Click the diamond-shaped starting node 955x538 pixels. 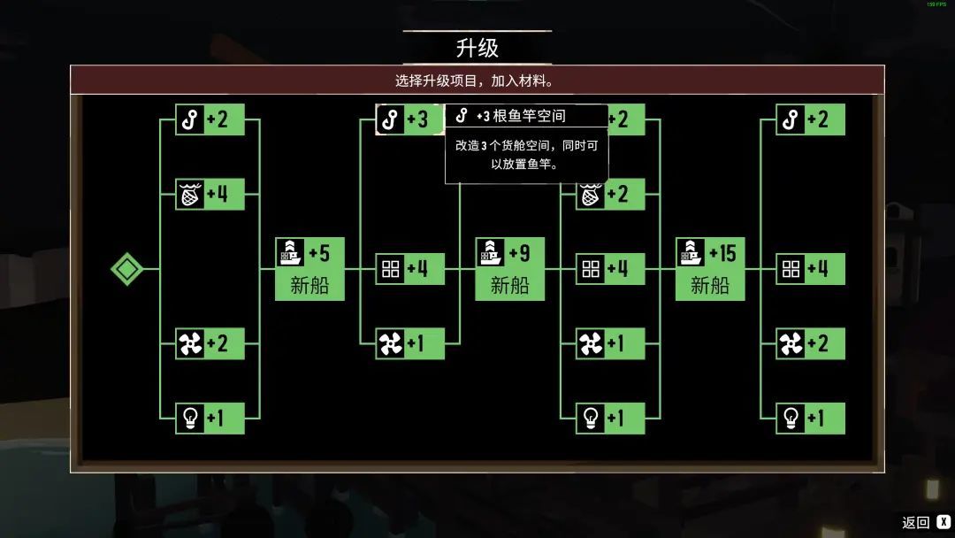pos(126,268)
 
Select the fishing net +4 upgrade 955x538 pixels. pos(210,194)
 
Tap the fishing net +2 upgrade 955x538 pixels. pos(610,195)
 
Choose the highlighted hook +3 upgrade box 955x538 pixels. pos(409,119)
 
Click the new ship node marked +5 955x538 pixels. pos(309,268)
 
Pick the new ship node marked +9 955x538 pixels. pos(509,268)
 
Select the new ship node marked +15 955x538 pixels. pos(709,268)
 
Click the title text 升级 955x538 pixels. pos(477,48)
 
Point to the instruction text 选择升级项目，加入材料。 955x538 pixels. pos(477,81)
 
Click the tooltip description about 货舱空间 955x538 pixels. pos(526,154)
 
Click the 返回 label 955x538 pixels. pos(915,522)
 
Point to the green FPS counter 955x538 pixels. pos(936,4)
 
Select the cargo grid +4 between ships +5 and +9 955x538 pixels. pos(409,268)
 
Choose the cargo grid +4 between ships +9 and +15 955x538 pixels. pos(610,268)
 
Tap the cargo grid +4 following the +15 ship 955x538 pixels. pos(810,268)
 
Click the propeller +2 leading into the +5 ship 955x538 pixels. pos(210,343)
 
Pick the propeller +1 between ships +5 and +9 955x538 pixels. pos(409,343)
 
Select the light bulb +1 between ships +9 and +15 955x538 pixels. pos(610,418)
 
